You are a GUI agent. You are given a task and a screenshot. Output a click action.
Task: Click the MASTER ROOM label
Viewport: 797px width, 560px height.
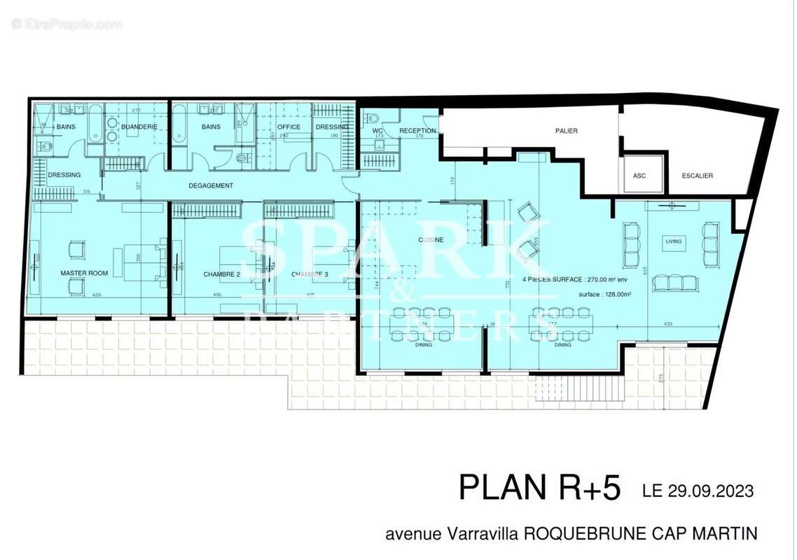click(84, 273)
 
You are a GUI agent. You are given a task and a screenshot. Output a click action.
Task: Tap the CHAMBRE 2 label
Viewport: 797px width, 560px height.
click(222, 274)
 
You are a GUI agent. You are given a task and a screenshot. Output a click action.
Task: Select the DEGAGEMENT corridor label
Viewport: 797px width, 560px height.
click(211, 185)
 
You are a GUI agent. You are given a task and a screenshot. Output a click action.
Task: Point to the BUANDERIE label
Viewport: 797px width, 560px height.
click(139, 127)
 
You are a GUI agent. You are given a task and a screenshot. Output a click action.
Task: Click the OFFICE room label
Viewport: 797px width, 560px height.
click(289, 127)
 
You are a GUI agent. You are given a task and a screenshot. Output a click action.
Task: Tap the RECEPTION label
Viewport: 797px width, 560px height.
click(417, 131)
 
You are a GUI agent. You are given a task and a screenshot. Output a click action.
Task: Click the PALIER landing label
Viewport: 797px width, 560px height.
click(566, 131)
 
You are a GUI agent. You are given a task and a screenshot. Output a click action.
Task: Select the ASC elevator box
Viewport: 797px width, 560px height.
click(639, 175)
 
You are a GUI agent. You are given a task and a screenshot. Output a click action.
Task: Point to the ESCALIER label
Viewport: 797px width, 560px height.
click(698, 176)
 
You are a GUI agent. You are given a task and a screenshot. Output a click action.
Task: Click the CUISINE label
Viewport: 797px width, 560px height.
click(430, 239)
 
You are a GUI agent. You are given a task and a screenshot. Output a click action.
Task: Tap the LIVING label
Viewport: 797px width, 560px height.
click(673, 241)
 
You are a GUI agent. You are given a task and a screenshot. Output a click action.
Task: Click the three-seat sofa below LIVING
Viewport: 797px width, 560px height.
click(674, 283)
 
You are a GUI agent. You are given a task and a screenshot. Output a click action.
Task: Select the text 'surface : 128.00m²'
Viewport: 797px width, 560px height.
click(605, 295)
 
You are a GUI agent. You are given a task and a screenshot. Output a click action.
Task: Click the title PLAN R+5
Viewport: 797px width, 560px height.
click(539, 488)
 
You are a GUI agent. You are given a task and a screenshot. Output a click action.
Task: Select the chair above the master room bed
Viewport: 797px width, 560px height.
click(76, 249)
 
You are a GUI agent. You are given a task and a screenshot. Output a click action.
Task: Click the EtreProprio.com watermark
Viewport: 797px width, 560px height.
click(67, 24)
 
